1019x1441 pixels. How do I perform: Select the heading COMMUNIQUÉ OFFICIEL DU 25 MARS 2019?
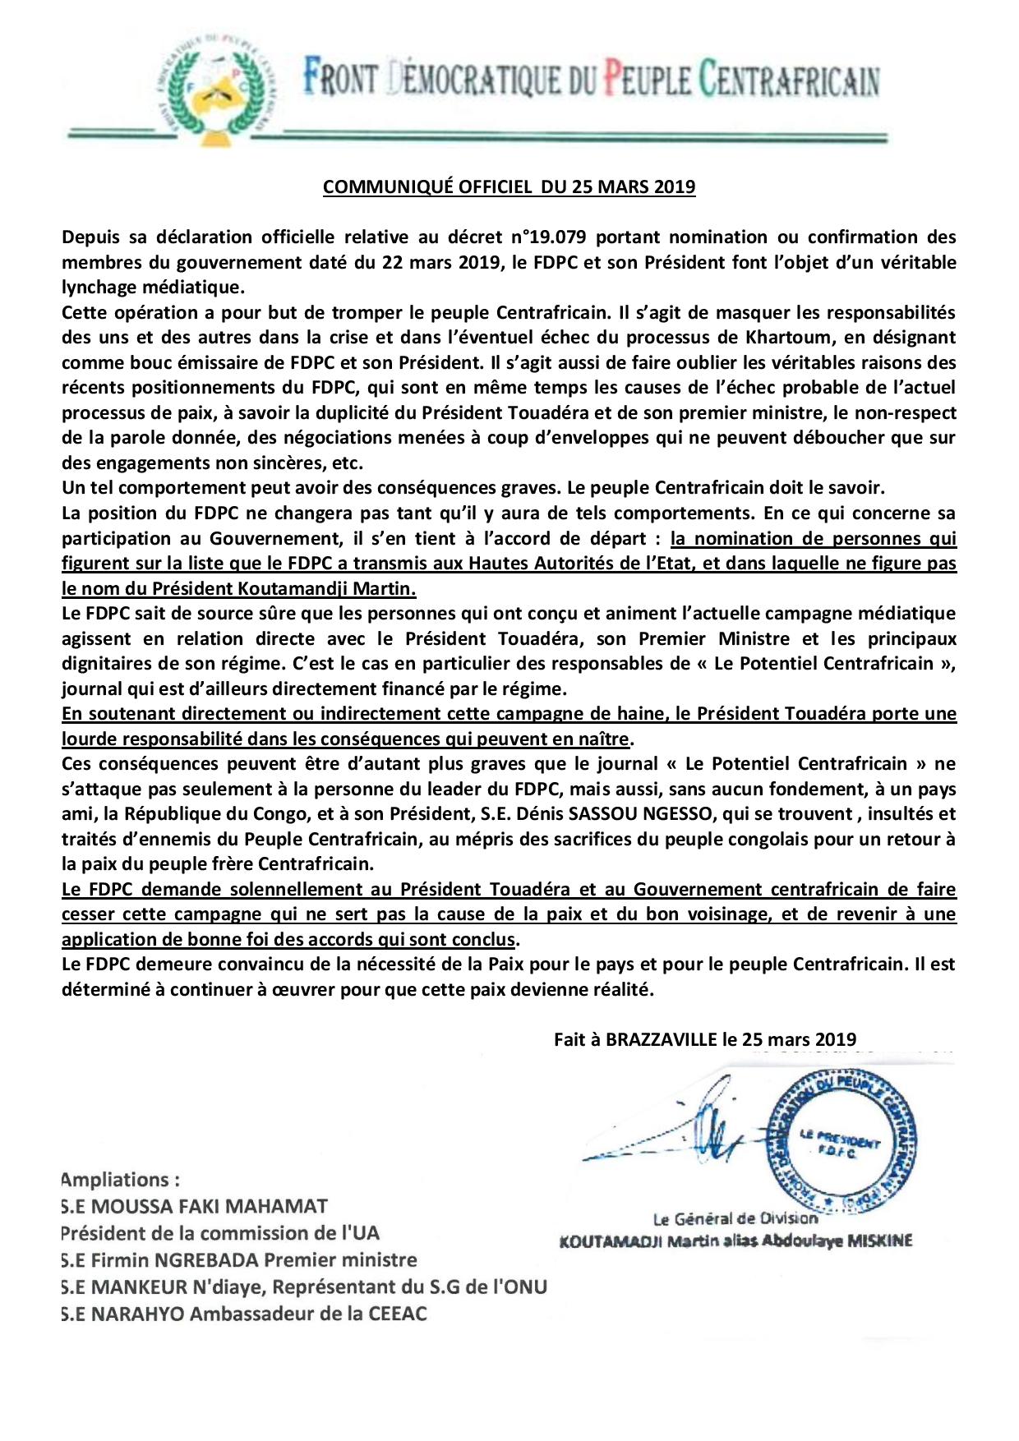509,186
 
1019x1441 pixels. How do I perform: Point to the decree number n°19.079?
548,237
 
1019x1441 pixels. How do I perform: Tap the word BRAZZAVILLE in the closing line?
662,1039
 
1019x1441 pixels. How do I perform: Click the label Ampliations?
120,1180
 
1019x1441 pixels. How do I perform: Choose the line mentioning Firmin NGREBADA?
238,1260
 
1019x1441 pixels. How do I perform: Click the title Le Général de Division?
735,1218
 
